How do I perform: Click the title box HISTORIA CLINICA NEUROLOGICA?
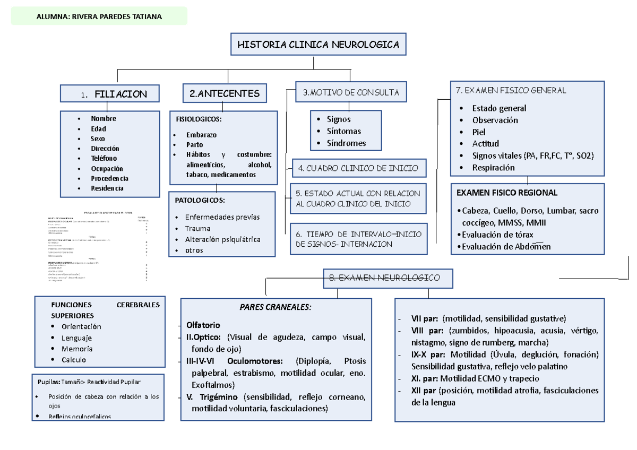pyautogui.click(x=318, y=45)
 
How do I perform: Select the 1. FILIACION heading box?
pyautogui.click(x=110, y=94)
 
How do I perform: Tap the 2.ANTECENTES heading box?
pyautogui.click(x=225, y=93)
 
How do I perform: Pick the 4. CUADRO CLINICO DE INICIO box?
pyautogui.click(x=358, y=168)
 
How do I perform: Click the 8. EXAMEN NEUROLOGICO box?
pyautogui.click(x=389, y=278)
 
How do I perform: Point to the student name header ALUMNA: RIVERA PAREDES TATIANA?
pyautogui.click(x=99, y=16)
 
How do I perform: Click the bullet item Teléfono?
pyautogui.click(x=104, y=158)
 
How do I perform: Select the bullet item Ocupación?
pyautogui.click(x=107, y=168)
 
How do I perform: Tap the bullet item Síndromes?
pyautogui.click(x=346, y=143)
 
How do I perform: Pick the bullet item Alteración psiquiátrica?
pyautogui.click(x=222, y=239)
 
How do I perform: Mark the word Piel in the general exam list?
pyautogui.click(x=479, y=132)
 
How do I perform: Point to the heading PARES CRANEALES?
pyautogui.click(x=276, y=308)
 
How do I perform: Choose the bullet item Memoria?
pyautogui.click(x=77, y=349)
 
